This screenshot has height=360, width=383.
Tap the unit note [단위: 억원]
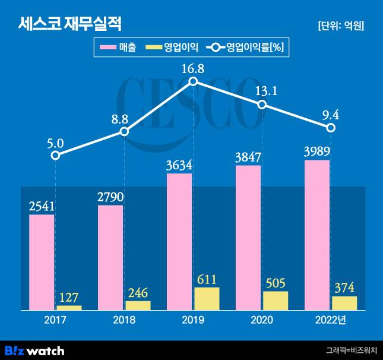[341, 26]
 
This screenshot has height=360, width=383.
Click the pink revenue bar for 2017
[42, 262]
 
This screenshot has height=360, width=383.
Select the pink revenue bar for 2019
[179, 241]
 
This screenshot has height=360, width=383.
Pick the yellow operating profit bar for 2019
[207, 298]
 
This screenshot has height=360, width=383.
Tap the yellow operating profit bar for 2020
[276, 301]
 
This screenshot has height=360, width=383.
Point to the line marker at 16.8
[193, 82]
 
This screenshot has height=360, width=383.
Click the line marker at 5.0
[55, 155]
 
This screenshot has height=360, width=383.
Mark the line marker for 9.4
[331, 128]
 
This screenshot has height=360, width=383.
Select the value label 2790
[110, 195]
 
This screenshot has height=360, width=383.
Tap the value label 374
[344, 287]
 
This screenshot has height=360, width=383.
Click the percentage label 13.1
[262, 91]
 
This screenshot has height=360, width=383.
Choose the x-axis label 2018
[124, 320]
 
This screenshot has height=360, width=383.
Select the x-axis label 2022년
[331, 320]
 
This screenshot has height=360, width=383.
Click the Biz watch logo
[34, 350]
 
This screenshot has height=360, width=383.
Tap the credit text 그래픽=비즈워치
[351, 350]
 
